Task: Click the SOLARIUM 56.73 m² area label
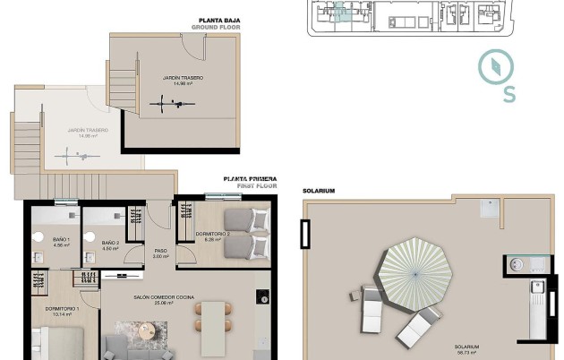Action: [x=466, y=348]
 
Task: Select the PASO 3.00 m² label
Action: [x=161, y=253]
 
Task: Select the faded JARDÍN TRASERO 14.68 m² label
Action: [x=87, y=133]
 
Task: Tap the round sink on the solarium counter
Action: [x=515, y=265]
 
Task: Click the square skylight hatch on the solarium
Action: [x=487, y=209]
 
